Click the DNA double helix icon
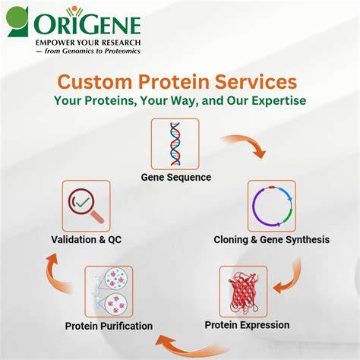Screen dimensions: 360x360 click(175, 144)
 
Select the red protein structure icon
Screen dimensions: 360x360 click(243, 292)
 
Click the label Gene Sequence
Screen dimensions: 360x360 click(176, 177)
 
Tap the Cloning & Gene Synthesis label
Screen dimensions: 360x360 click(272, 239)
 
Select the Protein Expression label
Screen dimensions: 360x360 click(247, 325)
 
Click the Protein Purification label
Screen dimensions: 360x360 click(109, 326)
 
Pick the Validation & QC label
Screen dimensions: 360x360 click(87, 239)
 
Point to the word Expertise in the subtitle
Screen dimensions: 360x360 click(279, 100)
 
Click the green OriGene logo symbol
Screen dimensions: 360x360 click(17, 21)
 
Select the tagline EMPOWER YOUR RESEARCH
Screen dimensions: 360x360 click(88, 43)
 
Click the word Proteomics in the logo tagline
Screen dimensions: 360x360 click(122, 51)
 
